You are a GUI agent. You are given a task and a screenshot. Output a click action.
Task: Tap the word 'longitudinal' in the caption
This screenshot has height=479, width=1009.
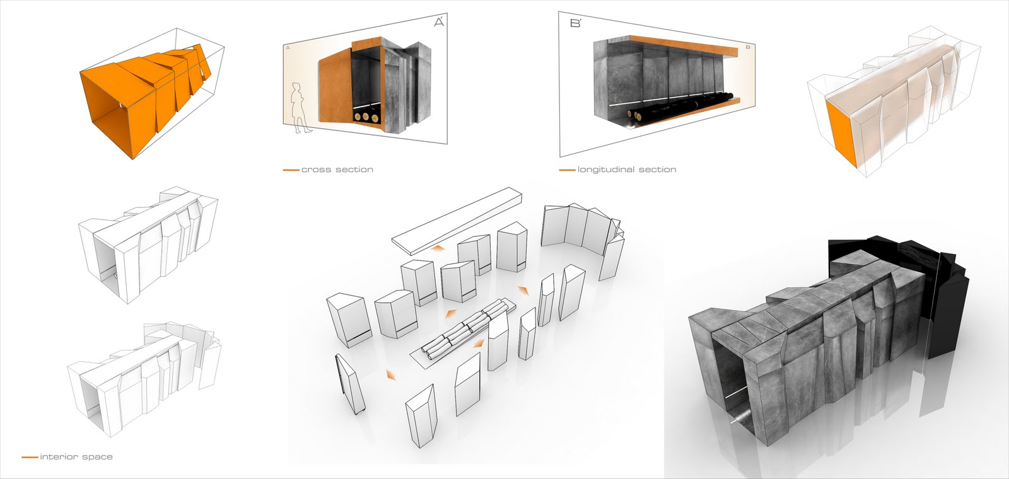(x=607, y=170)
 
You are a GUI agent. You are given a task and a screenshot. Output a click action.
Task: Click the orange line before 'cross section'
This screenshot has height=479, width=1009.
(x=290, y=170)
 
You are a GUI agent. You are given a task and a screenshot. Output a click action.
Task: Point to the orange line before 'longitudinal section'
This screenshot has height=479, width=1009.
(x=567, y=170)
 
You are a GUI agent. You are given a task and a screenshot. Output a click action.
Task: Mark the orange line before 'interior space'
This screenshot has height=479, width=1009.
(x=29, y=456)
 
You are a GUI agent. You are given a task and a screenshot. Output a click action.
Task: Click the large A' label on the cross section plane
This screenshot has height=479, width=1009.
(x=440, y=23)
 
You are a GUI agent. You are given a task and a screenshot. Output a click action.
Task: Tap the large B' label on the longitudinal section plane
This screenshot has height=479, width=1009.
(x=575, y=24)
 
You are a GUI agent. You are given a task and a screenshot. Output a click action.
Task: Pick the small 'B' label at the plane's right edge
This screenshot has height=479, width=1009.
(x=747, y=47)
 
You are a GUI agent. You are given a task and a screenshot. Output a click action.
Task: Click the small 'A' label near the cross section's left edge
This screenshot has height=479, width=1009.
(x=288, y=48)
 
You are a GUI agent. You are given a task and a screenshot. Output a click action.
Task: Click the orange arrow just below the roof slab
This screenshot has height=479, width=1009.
(x=436, y=250)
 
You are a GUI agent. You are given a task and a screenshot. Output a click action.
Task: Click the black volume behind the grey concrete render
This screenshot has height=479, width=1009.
(x=946, y=296)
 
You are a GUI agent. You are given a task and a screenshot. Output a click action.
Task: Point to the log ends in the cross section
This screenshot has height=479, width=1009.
(x=365, y=117)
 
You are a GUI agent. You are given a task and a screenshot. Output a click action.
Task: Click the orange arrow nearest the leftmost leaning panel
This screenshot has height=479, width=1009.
(x=392, y=376)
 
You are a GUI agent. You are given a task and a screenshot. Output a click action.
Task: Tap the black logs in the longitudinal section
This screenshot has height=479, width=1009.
(x=681, y=107)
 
